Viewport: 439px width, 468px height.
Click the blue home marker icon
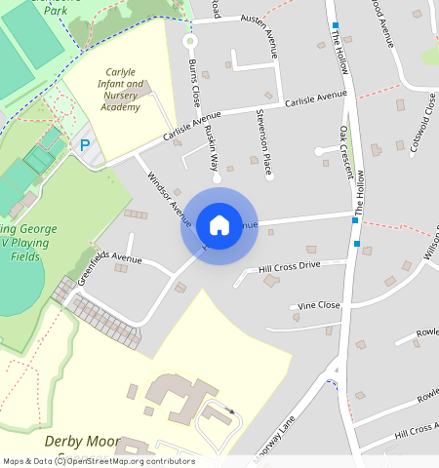tap(219, 225)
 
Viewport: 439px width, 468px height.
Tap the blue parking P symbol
tap(85, 145)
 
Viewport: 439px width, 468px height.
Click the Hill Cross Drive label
tap(290, 265)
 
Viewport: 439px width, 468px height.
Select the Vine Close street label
tap(319, 305)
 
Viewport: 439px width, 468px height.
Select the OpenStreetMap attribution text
tap(98, 461)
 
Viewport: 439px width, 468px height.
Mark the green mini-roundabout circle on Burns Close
tap(190, 42)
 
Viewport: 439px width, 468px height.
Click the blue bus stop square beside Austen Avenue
tap(336, 25)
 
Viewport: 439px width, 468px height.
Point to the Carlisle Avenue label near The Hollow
tap(315, 98)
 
